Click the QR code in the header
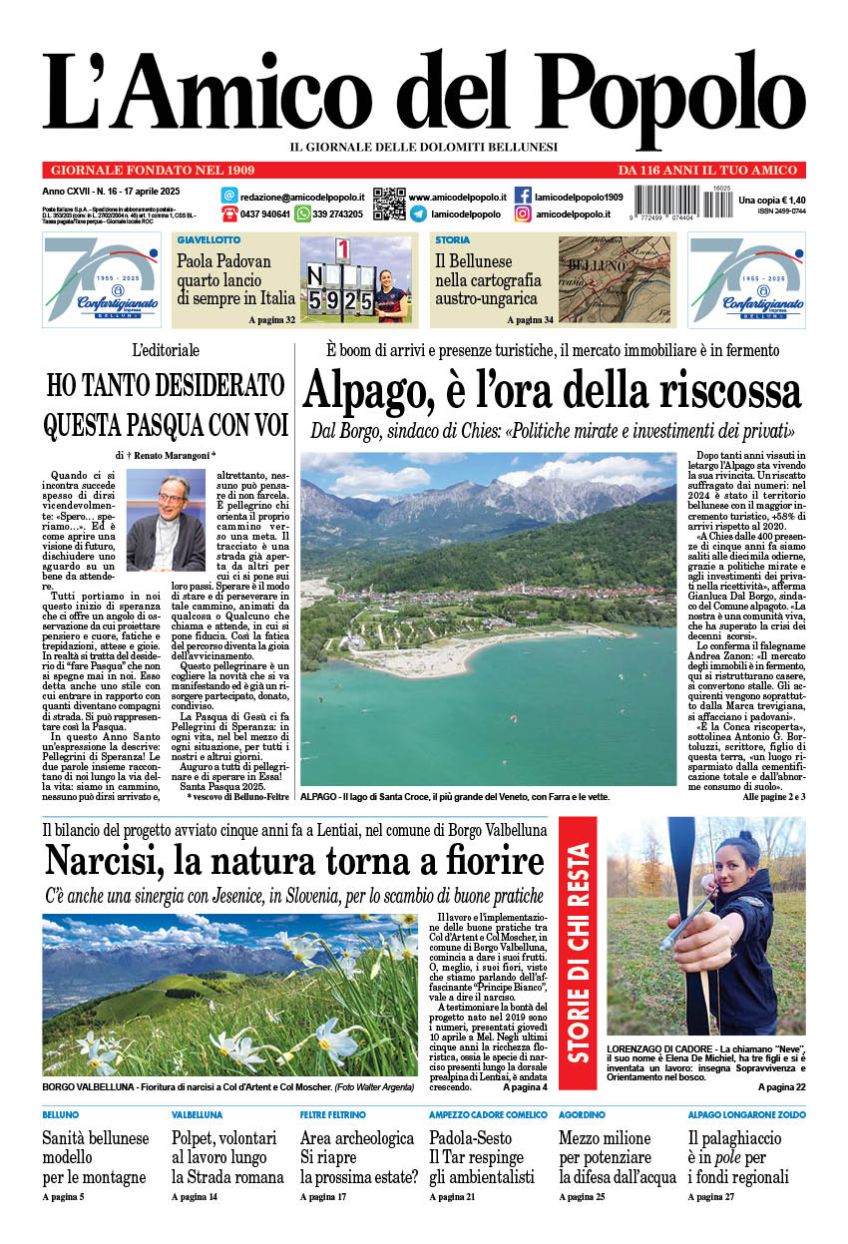[x=389, y=203]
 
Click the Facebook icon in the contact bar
[x=523, y=196]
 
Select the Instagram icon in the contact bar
[x=523, y=214]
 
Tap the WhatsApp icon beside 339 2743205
[x=301, y=214]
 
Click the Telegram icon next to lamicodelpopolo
[x=418, y=214]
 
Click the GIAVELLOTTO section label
[x=209, y=240]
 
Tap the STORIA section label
[x=452, y=240]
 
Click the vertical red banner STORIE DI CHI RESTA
[x=579, y=953]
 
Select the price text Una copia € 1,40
[x=771, y=201]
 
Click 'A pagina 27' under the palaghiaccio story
[x=710, y=1196]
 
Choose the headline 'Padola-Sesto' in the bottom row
[x=470, y=1138]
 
